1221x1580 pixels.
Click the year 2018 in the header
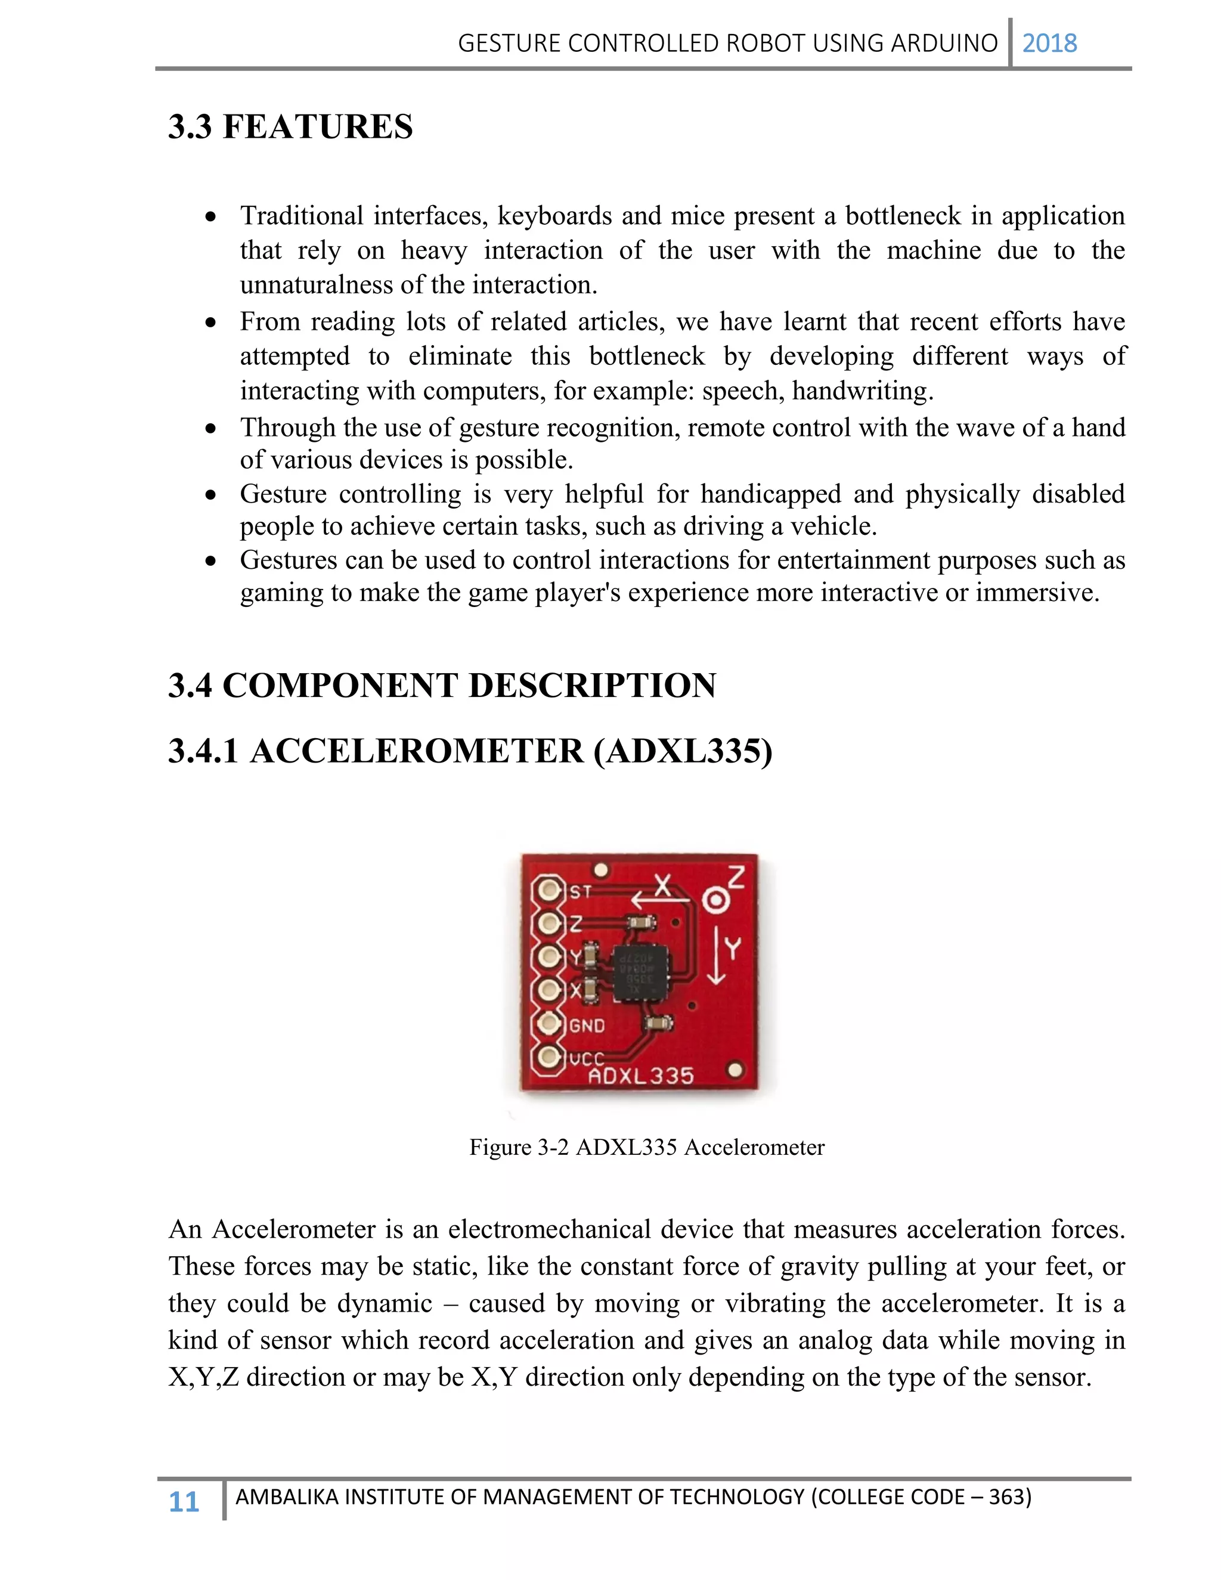click(x=1049, y=44)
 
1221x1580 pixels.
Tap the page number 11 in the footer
click(x=184, y=1502)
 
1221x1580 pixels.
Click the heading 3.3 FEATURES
click(x=290, y=126)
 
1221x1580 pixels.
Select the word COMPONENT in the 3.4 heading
click(x=340, y=685)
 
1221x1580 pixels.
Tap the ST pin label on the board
click(x=580, y=892)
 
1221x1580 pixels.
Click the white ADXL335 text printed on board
click(x=641, y=1076)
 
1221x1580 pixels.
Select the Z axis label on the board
click(x=736, y=878)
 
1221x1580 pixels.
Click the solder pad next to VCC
click(x=549, y=1057)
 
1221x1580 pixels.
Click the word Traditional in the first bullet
click(x=302, y=216)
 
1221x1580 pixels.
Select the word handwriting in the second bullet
click(x=859, y=391)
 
